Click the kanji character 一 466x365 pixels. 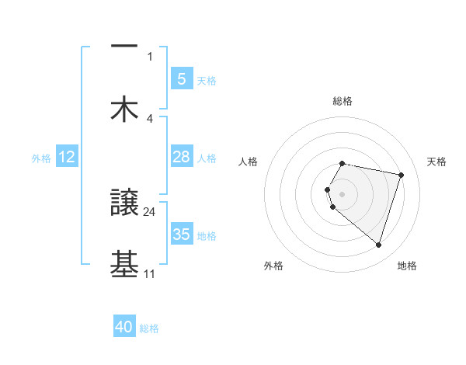click(x=124, y=47)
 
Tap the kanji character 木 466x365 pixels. click(x=124, y=109)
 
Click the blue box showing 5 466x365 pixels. click(x=181, y=78)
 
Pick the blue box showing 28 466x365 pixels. click(x=181, y=157)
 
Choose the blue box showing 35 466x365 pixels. click(x=181, y=235)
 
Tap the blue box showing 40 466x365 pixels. click(x=124, y=327)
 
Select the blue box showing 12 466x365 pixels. click(x=67, y=157)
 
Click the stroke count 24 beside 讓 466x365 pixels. click(x=150, y=210)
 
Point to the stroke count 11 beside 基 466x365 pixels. click(x=150, y=273)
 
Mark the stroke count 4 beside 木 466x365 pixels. click(x=150, y=118)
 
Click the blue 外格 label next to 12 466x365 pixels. click(x=41, y=158)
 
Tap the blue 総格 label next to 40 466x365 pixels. click(x=149, y=328)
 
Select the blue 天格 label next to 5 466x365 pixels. click(x=207, y=80)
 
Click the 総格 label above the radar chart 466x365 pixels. click(x=343, y=101)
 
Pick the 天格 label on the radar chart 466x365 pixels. click(x=437, y=162)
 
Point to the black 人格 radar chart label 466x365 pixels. click(x=248, y=162)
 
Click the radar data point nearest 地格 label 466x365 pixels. click(x=378, y=245)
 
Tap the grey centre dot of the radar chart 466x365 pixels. click(x=343, y=193)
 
